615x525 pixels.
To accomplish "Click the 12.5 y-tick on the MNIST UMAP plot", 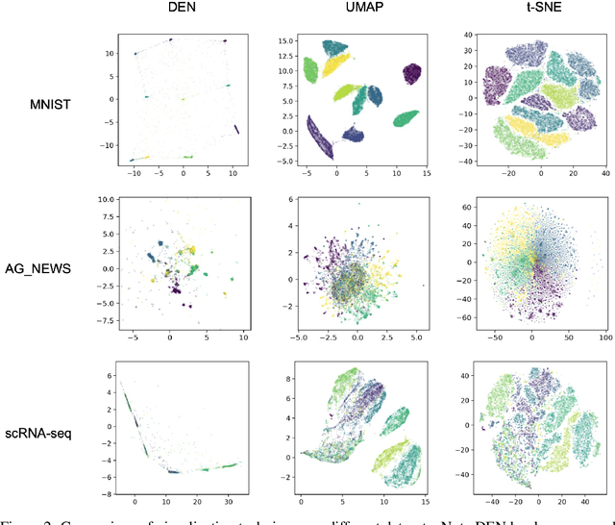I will pyautogui.click(x=283, y=56).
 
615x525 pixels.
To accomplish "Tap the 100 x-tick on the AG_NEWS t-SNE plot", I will pyautogui.click(x=603, y=337).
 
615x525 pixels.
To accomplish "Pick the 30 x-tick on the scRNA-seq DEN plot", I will pyautogui.click(x=230, y=500).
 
